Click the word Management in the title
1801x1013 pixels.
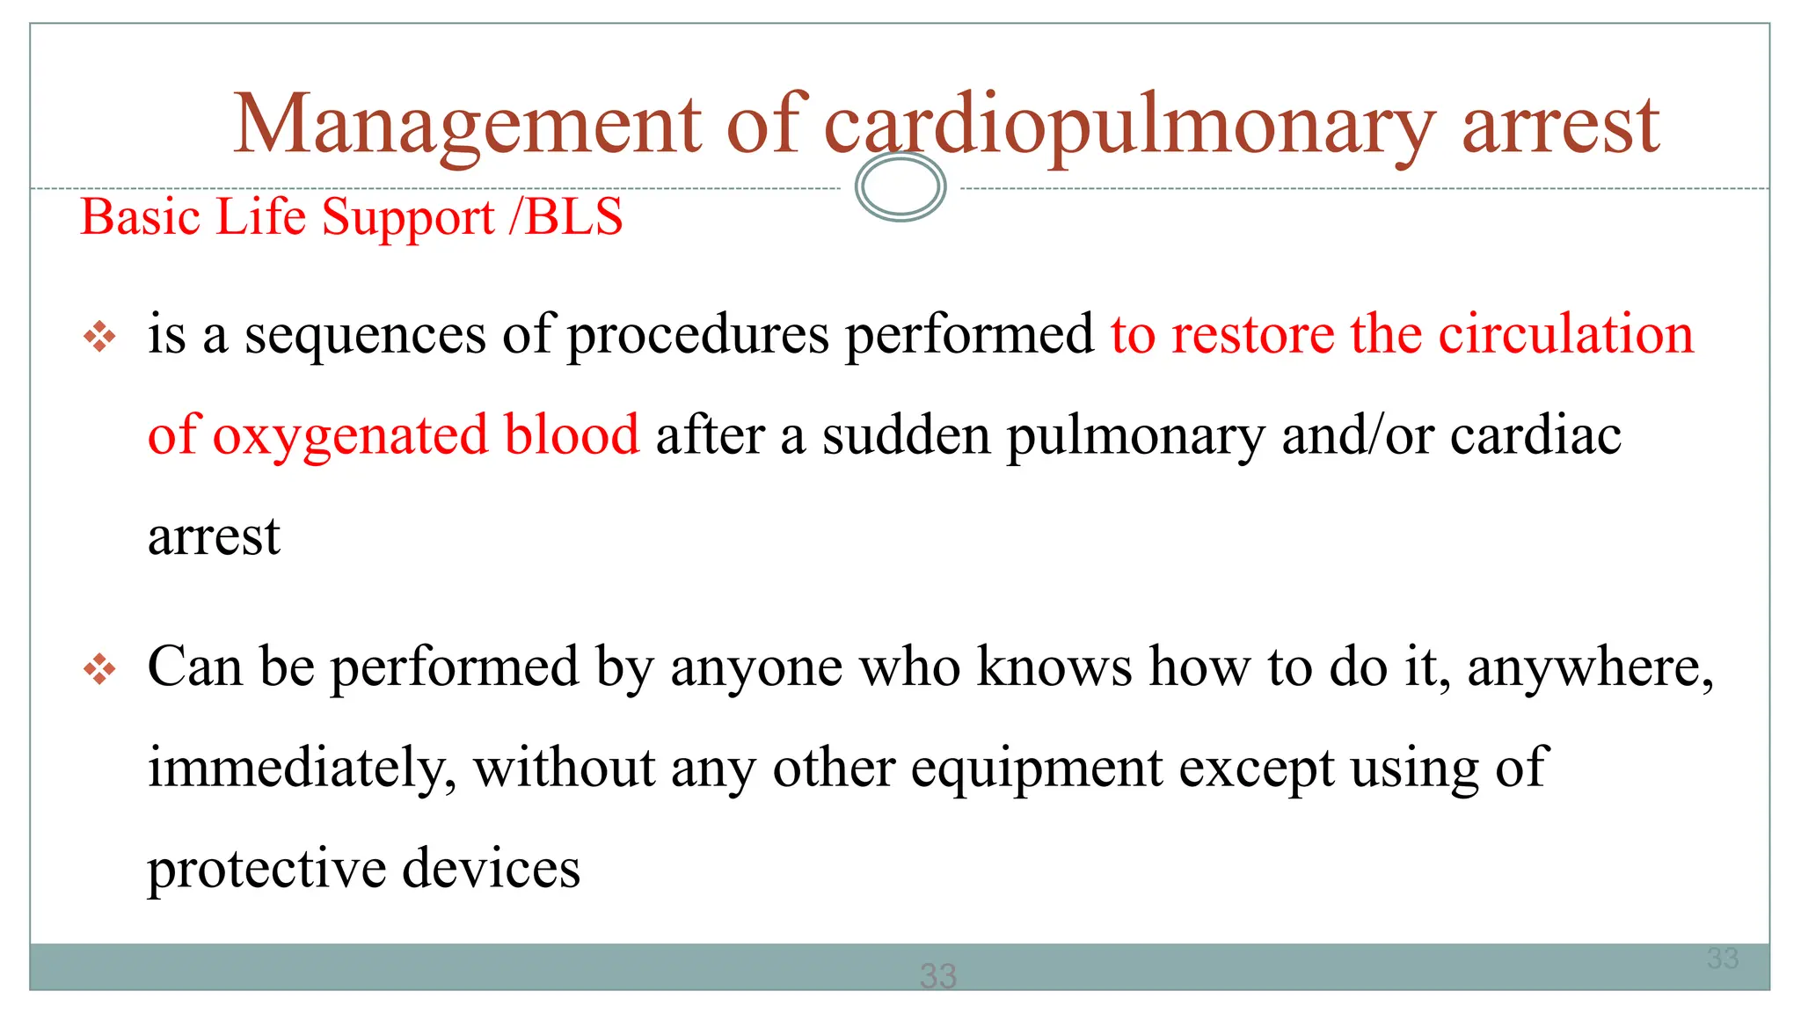[x=467, y=126]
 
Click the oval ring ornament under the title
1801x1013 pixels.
[x=900, y=186]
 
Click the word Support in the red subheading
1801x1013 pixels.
[x=407, y=218]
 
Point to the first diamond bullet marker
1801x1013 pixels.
[x=99, y=337]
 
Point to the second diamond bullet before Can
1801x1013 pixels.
[x=99, y=670]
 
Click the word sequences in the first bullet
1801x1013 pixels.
[x=364, y=335]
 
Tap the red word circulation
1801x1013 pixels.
[x=1564, y=334]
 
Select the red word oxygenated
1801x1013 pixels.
[x=350, y=436]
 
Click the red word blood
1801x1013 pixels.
[x=572, y=434]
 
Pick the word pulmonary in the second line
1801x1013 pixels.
[x=1135, y=436]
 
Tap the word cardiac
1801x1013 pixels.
[x=1535, y=435]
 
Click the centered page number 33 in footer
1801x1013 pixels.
[x=937, y=975]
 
